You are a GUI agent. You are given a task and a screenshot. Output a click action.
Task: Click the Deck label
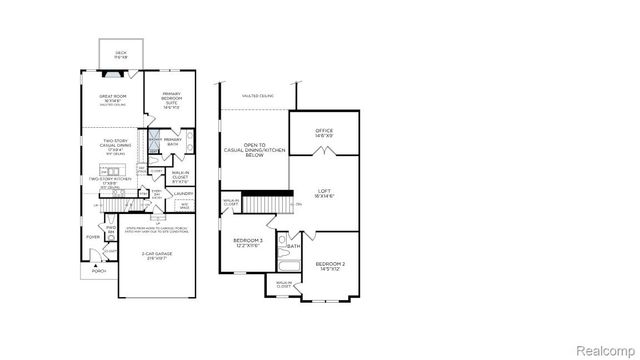click(121, 54)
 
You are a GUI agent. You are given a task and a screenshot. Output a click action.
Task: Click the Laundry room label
click(183, 193)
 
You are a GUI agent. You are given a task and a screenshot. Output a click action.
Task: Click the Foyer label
click(91, 237)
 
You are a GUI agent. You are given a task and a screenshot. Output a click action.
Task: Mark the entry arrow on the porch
click(95, 263)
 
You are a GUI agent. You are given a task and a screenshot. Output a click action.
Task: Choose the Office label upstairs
click(323, 131)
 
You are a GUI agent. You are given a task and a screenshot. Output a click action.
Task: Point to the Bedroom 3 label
click(248, 243)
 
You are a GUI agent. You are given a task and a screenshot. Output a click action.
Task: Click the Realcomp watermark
click(606, 349)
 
